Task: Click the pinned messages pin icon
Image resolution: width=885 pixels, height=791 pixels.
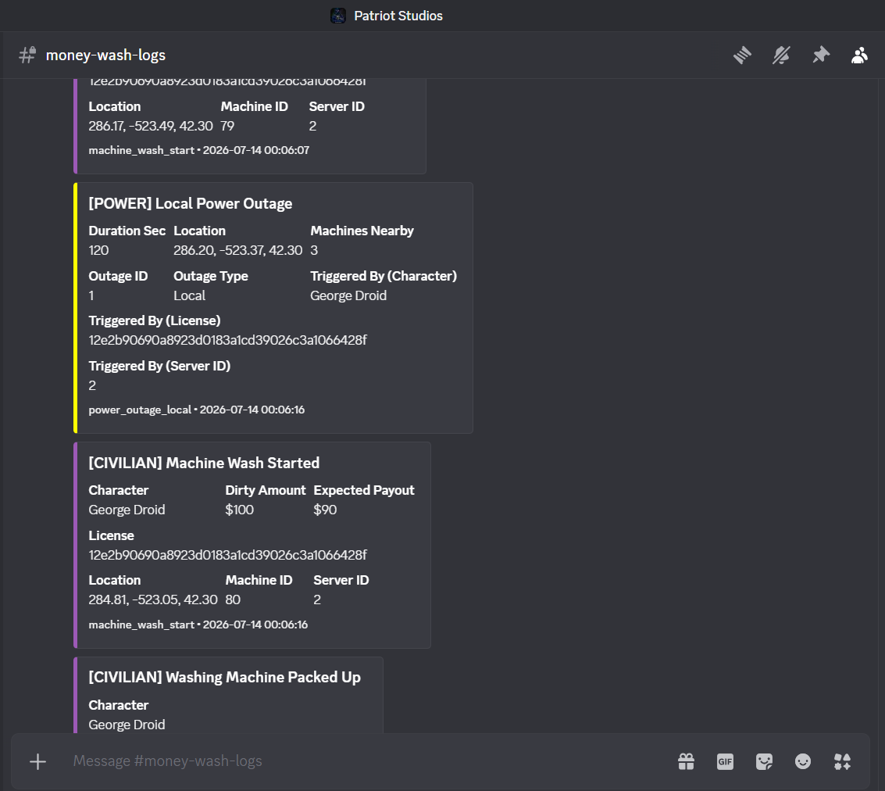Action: tap(821, 55)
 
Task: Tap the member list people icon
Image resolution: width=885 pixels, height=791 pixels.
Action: tap(859, 55)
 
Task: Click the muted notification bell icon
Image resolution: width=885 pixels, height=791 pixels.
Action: tap(782, 55)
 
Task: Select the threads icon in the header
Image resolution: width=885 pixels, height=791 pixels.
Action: tap(742, 55)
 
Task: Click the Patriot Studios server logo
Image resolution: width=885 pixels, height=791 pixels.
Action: tap(338, 16)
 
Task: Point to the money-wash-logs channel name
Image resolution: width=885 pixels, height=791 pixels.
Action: tap(105, 55)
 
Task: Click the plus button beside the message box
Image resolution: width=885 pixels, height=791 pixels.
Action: tap(37, 761)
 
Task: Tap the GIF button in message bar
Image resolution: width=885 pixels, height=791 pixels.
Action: tap(726, 761)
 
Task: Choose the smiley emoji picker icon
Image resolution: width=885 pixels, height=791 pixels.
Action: tap(803, 761)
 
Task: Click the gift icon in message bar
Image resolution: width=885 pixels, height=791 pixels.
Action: tap(687, 761)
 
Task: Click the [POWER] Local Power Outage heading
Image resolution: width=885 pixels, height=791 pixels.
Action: tap(191, 204)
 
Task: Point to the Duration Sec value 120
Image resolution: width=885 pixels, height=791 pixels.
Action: tap(98, 250)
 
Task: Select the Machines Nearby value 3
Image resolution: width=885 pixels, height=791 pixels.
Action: tap(314, 250)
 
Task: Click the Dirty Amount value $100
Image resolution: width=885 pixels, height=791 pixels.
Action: tap(239, 510)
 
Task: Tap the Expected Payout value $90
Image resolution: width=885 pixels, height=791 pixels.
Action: tap(325, 510)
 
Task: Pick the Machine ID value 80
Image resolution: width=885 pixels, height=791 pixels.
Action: tap(233, 600)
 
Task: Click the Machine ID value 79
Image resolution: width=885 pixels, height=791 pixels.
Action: tap(227, 126)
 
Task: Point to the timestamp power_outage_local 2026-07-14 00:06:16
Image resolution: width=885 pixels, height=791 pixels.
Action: tap(196, 410)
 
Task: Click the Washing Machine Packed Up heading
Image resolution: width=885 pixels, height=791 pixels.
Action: tap(225, 678)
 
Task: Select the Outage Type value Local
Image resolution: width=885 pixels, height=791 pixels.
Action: tap(189, 296)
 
